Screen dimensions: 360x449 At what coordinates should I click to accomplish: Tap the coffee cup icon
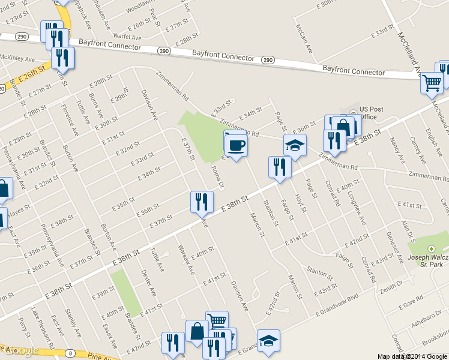coord(236,145)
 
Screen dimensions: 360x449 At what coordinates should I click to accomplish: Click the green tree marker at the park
coord(430,248)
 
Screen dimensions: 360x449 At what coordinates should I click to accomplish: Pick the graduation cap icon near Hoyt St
coord(295,146)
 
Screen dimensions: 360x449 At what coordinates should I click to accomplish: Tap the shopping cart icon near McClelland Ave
coord(431,83)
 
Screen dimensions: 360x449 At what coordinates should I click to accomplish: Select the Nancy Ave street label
coord(396,151)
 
